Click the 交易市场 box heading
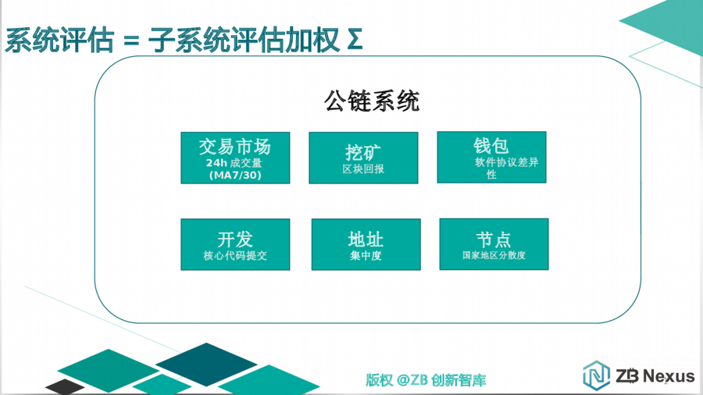pyautogui.click(x=235, y=147)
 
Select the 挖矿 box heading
pyautogui.click(x=363, y=153)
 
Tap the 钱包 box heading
pyautogui.click(x=491, y=146)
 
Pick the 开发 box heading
pyautogui.click(x=235, y=240)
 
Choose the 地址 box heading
pyautogui.click(x=366, y=240)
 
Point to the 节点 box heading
pyautogui.click(x=494, y=240)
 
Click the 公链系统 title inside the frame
pyautogui.click(x=372, y=101)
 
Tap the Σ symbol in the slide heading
pyautogui.click(x=354, y=39)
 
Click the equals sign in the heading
pyautogui.click(x=131, y=41)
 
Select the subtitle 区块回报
pyautogui.click(x=363, y=169)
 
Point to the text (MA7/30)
pyautogui.click(x=235, y=175)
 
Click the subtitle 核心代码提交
pyautogui.click(x=235, y=256)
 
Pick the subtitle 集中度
pyautogui.click(x=366, y=256)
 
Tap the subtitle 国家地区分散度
pyautogui.click(x=494, y=255)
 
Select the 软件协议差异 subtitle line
pyautogui.click(x=507, y=162)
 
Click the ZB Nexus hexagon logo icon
pyautogui.click(x=596, y=375)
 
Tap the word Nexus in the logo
pyautogui.click(x=669, y=375)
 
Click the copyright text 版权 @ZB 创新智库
pyautogui.click(x=426, y=380)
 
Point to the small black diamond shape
pyautogui.click(x=65, y=386)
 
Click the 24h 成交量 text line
pyautogui.click(x=234, y=163)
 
